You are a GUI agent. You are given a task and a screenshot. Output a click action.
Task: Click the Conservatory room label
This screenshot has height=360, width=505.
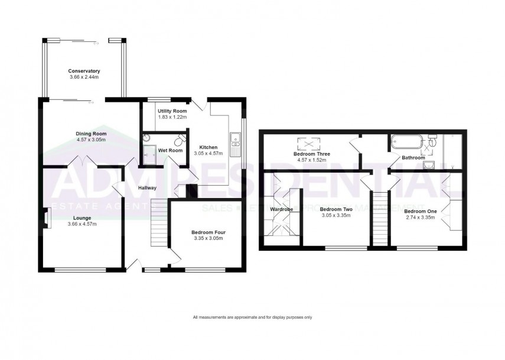(x=83, y=71)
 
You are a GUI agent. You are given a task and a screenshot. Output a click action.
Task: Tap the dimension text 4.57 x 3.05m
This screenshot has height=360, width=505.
(x=90, y=140)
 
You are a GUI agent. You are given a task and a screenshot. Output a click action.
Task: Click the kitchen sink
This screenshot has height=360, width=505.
(x=235, y=140)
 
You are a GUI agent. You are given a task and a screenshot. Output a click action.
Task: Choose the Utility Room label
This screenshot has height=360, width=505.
(x=172, y=111)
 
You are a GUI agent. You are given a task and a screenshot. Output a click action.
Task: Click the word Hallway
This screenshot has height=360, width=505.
(x=147, y=188)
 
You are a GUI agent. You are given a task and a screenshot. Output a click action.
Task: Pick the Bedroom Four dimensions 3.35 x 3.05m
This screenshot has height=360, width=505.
(x=208, y=239)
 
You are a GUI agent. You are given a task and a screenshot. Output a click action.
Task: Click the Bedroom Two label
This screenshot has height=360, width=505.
(x=335, y=209)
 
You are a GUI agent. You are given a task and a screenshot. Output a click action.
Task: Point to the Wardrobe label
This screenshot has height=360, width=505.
(x=282, y=209)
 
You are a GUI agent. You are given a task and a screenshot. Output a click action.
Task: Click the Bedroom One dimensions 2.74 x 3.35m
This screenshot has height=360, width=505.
(x=419, y=217)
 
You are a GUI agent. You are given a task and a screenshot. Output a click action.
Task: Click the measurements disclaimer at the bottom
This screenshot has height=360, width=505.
(x=252, y=317)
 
